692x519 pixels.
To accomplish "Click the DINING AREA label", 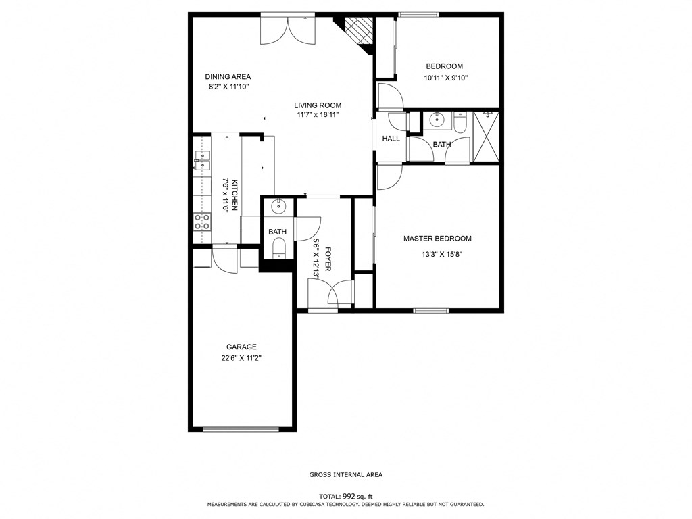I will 228,76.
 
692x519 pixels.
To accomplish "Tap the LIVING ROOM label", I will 318,105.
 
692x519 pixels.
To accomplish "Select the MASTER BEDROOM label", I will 437,239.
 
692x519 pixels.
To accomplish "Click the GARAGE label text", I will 241,347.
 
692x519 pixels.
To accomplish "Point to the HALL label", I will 391,139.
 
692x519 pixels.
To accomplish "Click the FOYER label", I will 328,259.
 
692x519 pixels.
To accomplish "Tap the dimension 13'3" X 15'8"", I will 441,255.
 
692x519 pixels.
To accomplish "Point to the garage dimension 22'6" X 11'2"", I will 241,358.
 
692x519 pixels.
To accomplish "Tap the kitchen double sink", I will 202,160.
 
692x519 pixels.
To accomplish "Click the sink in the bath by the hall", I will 437,121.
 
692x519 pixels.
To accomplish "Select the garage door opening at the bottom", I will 241,428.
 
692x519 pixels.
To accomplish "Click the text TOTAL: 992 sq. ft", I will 345,496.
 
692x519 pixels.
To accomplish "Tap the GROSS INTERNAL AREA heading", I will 345,475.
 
